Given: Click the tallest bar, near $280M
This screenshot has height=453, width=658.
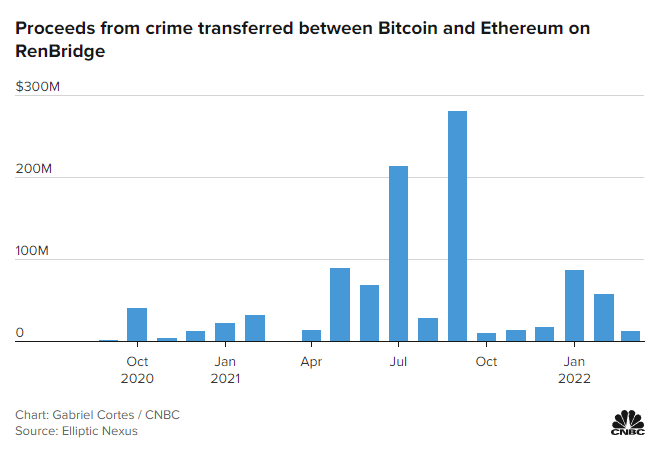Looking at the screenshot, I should tap(457, 226).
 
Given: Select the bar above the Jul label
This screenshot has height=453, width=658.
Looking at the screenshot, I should tap(398, 254).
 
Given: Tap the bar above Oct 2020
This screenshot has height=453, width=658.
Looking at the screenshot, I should tap(137, 325).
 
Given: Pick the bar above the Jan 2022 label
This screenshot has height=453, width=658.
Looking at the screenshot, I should tap(574, 306).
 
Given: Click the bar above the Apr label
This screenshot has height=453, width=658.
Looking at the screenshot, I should tap(311, 336).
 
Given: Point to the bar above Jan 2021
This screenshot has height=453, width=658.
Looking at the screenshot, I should tap(225, 332).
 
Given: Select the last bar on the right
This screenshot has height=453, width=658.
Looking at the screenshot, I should tap(631, 336).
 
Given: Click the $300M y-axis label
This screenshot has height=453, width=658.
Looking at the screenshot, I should tap(39, 88).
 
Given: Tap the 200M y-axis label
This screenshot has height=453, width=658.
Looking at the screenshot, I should tap(32, 170).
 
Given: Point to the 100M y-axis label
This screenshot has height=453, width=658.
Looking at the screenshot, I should tap(32, 252).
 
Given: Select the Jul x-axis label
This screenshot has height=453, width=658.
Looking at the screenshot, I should tap(398, 361).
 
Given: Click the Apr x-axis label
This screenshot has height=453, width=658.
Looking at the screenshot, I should tap(311, 361).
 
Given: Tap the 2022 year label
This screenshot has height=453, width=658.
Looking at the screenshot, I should tap(574, 379).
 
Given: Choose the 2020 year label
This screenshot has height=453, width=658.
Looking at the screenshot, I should tap(137, 379).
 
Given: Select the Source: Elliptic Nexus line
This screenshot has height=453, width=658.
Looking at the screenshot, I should tap(76, 431).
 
